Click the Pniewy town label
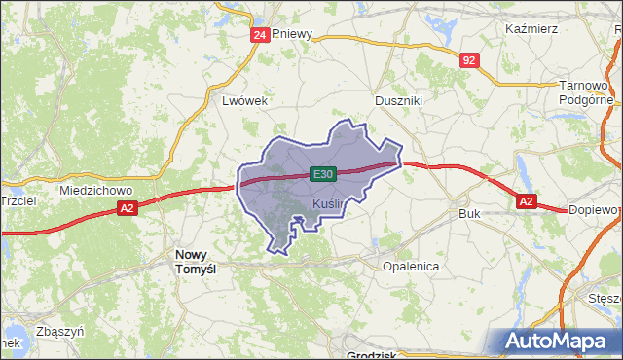tap(293, 33)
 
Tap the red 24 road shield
tap(259, 35)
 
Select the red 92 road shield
tap(470, 60)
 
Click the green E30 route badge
tap(324, 174)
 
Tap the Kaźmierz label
tap(531, 28)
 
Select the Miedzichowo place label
tap(94, 190)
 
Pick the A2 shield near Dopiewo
tap(526, 201)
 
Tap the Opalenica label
tap(411, 266)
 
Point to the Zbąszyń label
tap(59, 331)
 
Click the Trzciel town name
tap(18, 199)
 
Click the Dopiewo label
tap(595, 209)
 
